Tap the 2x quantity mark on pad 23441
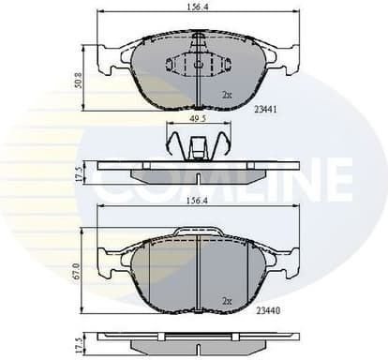pos(227,96)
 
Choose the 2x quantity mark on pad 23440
pos(227,300)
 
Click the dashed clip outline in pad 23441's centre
pos(199,66)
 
